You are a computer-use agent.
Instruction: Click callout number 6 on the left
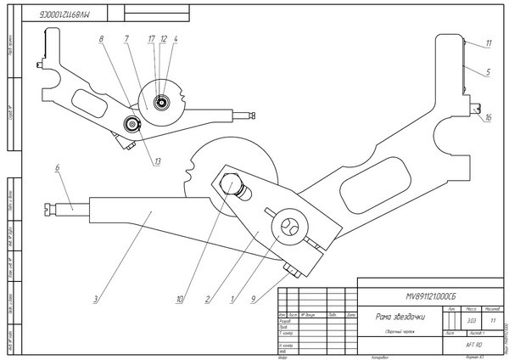coord(57,169)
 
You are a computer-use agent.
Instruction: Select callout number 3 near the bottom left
coord(96,298)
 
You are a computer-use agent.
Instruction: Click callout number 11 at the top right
coord(489,42)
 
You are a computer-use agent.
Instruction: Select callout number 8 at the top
coord(101,40)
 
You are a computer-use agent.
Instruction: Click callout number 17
coord(151,39)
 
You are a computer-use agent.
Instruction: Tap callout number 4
coord(175,39)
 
